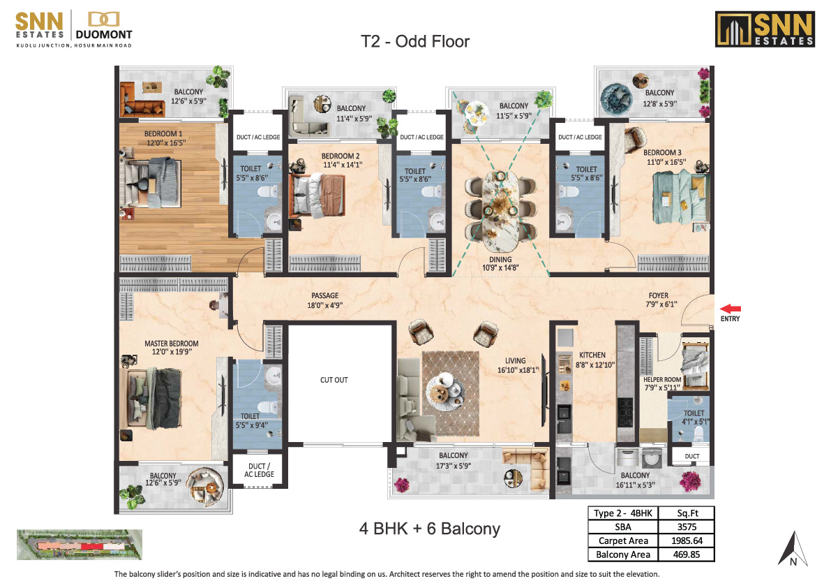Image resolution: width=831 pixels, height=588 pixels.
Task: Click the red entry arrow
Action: coord(731,309)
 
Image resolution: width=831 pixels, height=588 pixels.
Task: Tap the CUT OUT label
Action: coord(334,380)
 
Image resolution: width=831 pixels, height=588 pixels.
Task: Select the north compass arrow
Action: coord(793,547)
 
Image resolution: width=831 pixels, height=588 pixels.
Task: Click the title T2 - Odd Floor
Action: coord(415,42)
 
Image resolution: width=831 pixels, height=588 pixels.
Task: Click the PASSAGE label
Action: coord(325,296)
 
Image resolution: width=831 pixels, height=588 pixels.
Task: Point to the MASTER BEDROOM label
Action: coord(171,344)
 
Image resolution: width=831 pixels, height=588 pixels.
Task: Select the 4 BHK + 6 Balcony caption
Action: coord(429,529)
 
